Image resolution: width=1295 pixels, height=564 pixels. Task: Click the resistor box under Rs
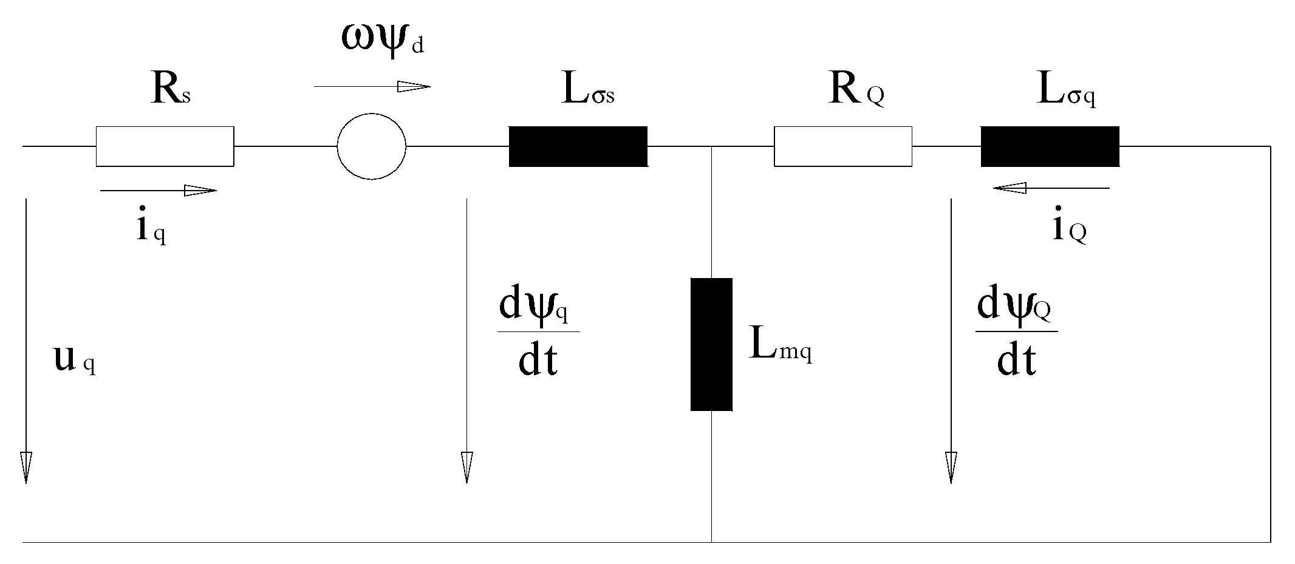coord(165,146)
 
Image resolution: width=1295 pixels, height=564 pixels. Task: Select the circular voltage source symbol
coord(371,146)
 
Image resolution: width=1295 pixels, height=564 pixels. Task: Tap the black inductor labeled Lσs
coord(578,146)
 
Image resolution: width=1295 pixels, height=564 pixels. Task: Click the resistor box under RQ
coord(842,146)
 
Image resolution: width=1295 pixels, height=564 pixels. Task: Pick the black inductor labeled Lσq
coord(1050,146)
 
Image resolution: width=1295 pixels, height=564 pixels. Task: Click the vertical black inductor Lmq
coord(711,344)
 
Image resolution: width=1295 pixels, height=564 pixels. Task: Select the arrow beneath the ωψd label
coord(372,87)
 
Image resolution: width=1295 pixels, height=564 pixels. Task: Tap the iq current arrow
coord(158,191)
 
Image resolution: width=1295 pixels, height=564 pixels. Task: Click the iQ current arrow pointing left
coord(1051,188)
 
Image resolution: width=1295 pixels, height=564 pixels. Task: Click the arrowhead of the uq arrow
coord(26,467)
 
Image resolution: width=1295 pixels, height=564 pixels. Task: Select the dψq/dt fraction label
coord(538,333)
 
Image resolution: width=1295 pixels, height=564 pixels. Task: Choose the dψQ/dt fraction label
coord(1016,333)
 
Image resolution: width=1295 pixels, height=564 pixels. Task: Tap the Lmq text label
coord(781,346)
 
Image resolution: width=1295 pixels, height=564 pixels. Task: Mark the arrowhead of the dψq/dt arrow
coord(466,467)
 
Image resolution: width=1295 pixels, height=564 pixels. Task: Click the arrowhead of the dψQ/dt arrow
coord(951,467)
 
